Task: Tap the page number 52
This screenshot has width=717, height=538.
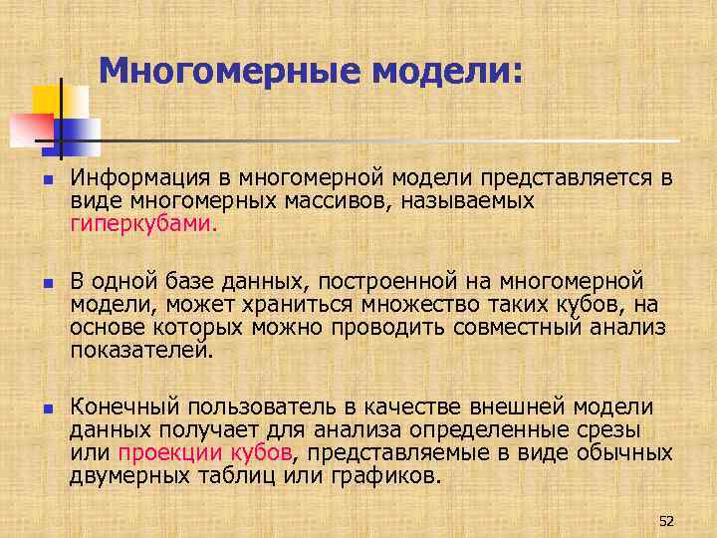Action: click(667, 520)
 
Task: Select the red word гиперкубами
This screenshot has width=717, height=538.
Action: click(141, 224)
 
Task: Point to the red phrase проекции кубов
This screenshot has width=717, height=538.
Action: click(205, 453)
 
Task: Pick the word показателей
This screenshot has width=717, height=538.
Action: click(140, 351)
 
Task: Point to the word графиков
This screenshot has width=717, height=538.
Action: click(388, 476)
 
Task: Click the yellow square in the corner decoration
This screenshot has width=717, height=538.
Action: click(47, 101)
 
